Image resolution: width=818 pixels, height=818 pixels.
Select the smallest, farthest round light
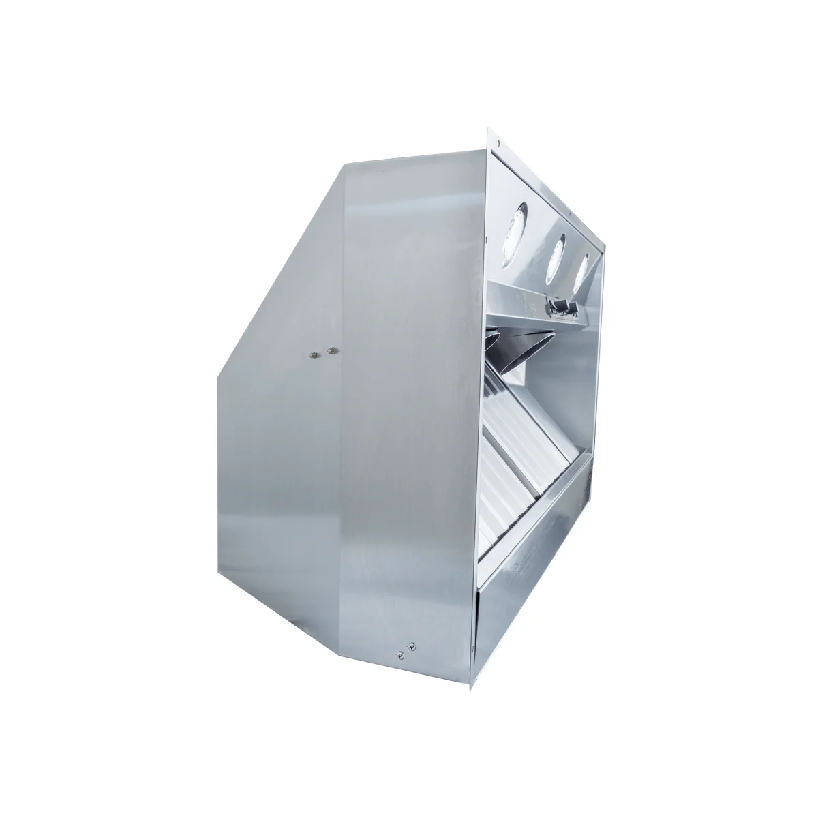pyautogui.click(x=581, y=271)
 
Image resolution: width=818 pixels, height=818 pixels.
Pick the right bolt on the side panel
pyautogui.click(x=333, y=350)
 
